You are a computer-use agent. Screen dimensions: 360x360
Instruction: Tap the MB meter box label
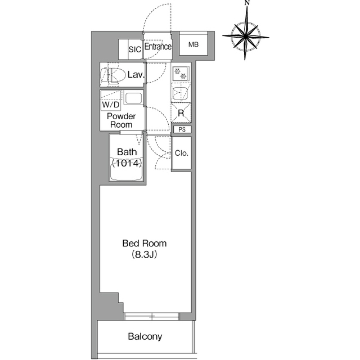tap(193, 44)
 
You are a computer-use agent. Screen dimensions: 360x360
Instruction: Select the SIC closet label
tap(135, 49)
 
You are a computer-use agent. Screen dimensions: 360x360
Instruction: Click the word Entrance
tap(158, 47)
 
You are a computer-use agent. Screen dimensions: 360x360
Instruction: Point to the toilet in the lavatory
tap(112, 75)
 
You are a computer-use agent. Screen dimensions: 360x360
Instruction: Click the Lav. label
tap(136, 75)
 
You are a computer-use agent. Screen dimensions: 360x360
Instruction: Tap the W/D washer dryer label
tap(111, 105)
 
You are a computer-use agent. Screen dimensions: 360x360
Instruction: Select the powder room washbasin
tap(133, 98)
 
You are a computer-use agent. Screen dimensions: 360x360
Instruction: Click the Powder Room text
tap(121, 120)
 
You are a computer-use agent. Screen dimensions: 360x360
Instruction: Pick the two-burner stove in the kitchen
tap(181, 74)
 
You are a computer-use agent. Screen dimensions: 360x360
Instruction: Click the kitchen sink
tap(181, 93)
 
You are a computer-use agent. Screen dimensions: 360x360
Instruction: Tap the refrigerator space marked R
tap(181, 112)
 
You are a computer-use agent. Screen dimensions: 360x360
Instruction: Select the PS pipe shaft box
tap(182, 129)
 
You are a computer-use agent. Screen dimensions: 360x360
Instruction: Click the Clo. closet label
tap(181, 153)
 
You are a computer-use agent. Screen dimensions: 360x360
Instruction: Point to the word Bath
tap(127, 152)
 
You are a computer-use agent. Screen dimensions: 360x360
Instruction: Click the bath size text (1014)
tap(127, 164)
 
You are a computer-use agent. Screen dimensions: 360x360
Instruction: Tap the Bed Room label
tap(145, 244)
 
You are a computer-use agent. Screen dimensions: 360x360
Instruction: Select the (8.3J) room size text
tap(145, 255)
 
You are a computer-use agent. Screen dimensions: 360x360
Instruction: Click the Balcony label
tap(145, 336)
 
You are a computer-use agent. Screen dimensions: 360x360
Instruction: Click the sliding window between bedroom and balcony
tap(152, 316)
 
